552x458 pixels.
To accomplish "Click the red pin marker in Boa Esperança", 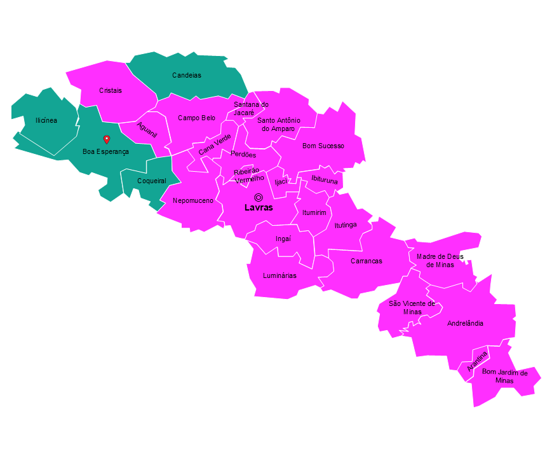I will [107, 139].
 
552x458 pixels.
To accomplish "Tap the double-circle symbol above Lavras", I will [259, 197].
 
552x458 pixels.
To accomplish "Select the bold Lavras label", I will [259, 208].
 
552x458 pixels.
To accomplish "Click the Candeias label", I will [186, 75].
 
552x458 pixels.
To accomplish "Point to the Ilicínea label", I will [46, 120].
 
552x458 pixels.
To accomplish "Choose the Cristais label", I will [111, 90].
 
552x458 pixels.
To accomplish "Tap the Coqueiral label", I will [152, 181].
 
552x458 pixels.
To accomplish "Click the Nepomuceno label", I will [193, 201].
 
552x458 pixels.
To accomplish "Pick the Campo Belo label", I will [196, 118].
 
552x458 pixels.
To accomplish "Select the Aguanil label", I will [147, 130].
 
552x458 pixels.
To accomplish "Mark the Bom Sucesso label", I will [323, 146].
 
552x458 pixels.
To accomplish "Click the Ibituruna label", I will [325, 180].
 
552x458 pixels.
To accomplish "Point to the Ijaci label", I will [281, 182].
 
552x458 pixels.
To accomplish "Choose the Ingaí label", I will [283, 239].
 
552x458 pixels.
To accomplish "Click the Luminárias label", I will [279, 275].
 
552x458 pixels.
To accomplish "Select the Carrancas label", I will [367, 261].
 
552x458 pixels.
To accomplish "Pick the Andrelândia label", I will [465, 323].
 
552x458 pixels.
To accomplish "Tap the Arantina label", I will [477, 361].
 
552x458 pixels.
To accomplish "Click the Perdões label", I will [243, 155].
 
